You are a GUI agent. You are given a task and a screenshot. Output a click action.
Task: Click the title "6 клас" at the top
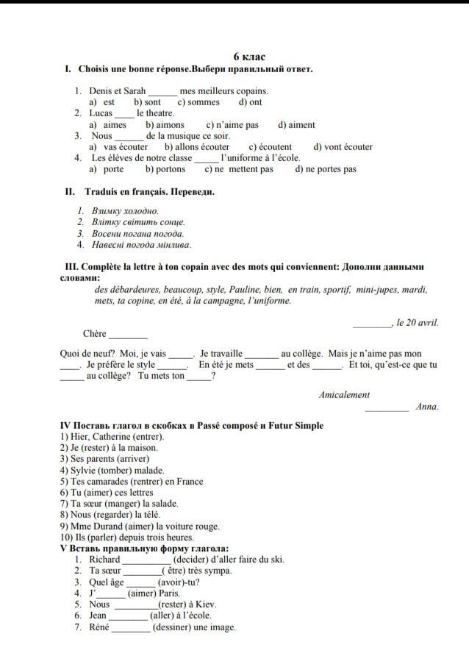(x=249, y=57)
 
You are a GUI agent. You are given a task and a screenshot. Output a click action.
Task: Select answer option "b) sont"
(x=147, y=102)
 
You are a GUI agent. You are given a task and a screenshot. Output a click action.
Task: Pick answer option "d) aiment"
(x=296, y=125)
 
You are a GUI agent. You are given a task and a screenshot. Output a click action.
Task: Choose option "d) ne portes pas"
(x=326, y=169)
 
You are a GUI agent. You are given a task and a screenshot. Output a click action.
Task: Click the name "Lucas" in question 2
(x=101, y=113)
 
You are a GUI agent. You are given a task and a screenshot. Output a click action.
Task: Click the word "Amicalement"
(x=345, y=395)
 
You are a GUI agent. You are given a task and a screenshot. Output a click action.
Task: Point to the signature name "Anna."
(x=427, y=407)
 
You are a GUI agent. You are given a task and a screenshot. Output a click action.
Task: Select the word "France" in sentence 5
(x=190, y=482)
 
